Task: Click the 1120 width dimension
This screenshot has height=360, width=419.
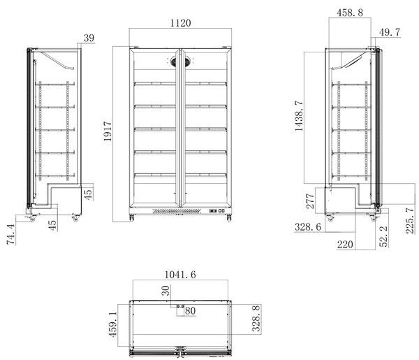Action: [x=181, y=23]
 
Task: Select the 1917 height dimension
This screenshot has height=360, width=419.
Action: [x=108, y=131]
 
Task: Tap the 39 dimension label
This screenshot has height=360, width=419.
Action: [x=89, y=38]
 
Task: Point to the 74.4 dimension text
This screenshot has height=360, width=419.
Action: [x=11, y=235]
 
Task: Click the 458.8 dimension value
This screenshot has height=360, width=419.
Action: [x=350, y=13]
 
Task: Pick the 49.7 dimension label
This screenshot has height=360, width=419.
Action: [x=390, y=32]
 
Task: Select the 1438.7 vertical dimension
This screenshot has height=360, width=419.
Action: [x=299, y=116]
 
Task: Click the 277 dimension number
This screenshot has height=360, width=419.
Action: [x=310, y=201]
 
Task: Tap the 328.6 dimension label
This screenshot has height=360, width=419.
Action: [x=308, y=227]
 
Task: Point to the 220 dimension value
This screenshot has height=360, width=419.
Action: [x=345, y=245]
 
